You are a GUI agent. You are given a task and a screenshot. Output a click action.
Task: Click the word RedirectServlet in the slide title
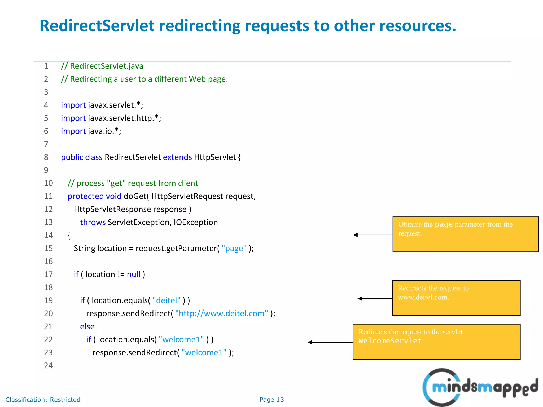pos(97,26)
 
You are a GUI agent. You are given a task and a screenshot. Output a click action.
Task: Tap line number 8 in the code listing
pos(46,157)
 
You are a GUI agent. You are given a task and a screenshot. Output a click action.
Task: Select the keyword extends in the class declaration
pos(177,157)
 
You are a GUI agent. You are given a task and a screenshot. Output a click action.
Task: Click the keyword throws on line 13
pos(93,222)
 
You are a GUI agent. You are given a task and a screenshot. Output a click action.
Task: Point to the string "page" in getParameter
pos(234,249)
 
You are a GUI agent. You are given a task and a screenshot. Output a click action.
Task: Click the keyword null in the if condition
pos(134,275)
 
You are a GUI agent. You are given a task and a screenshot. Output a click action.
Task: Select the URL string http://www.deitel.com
pos(222,314)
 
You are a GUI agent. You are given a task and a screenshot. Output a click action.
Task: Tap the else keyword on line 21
pos(87,327)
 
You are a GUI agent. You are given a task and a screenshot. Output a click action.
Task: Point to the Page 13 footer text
pos(271,400)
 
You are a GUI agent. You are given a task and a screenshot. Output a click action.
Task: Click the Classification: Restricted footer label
pos(43,400)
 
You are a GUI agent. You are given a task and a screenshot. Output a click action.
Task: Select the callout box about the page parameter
pos(465,234)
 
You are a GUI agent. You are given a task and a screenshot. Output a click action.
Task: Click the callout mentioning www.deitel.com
pos(456,298)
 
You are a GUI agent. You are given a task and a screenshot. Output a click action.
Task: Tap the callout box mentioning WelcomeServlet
pos(436,342)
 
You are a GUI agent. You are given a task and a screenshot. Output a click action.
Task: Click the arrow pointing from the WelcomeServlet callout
pos(330,342)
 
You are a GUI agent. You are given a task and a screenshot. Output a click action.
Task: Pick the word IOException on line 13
pos(196,222)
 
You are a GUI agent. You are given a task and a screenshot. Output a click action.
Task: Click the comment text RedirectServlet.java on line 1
pos(107,66)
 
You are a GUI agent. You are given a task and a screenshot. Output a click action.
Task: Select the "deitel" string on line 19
pos(167,300)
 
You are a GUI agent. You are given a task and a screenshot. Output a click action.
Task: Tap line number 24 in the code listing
pos(49,366)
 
